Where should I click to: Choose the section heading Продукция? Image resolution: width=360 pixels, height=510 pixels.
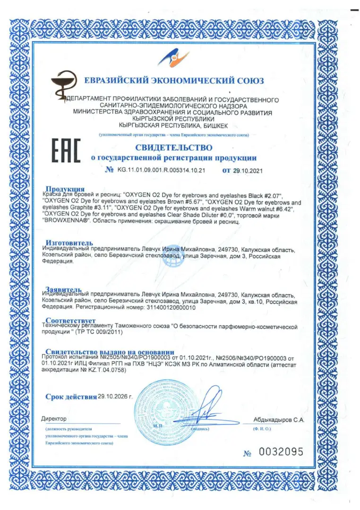tap(65, 189)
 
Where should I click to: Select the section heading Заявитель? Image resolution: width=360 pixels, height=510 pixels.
tap(64, 289)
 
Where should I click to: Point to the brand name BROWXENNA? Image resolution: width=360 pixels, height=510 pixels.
tap(66, 220)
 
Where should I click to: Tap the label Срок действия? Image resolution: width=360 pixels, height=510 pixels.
tap(71, 397)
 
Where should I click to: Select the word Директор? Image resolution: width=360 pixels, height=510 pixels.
tap(54, 419)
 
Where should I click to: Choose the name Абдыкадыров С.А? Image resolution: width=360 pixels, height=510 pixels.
tap(278, 419)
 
